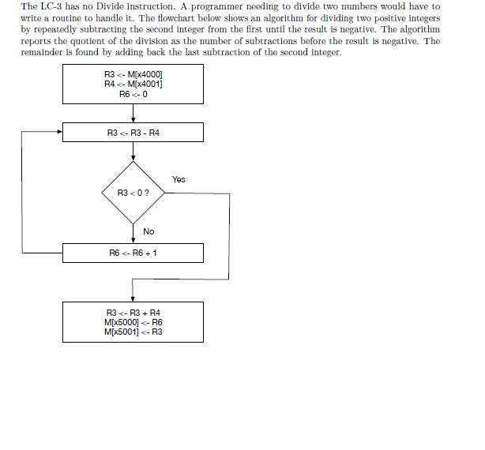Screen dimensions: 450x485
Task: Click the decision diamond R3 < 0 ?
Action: point(133,193)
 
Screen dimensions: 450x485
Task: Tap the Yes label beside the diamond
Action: point(179,179)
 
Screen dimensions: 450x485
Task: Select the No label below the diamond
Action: point(149,231)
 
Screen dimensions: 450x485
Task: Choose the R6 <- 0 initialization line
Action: point(133,93)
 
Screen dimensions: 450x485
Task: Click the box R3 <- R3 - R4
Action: point(133,133)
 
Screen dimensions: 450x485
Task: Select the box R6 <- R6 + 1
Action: point(133,253)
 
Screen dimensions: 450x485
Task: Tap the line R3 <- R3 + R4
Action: point(133,313)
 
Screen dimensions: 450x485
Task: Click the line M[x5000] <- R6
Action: point(133,322)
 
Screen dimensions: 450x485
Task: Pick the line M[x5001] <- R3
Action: point(133,332)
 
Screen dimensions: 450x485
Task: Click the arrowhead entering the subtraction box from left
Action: point(59,133)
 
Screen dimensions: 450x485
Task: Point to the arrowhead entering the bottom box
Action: point(133,298)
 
